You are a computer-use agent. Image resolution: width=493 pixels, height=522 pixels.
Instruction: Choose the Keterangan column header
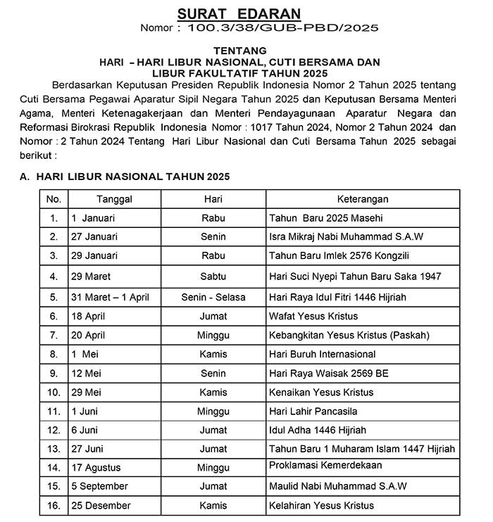coord(361,199)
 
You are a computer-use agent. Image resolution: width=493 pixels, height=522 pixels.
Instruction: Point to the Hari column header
coord(213,199)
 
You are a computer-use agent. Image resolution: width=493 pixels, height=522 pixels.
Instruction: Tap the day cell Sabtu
coord(213,276)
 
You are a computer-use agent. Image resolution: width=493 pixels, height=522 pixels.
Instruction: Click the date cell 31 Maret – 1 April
coord(110,297)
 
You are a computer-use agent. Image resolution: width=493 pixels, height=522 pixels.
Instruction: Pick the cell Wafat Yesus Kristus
coord(313,316)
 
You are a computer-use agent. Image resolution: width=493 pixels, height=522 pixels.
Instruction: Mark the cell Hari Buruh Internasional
coord(323,354)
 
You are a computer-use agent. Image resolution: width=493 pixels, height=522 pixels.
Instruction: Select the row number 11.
coord(54,411)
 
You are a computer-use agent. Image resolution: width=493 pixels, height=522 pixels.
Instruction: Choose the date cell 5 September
coord(99,486)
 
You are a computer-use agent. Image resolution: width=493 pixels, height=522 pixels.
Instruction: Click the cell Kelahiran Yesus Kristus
coord(321,505)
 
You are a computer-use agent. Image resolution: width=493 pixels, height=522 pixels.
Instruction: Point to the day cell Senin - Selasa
coord(213,297)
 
